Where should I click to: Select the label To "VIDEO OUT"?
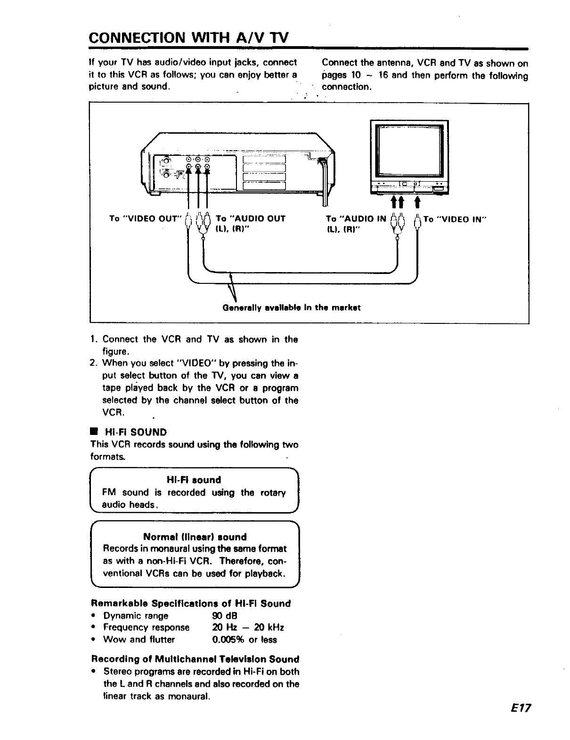(x=145, y=218)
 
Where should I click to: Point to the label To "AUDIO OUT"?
(x=250, y=218)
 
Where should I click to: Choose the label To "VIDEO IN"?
(x=455, y=219)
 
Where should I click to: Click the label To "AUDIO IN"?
(x=356, y=218)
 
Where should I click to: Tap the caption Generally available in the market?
(x=292, y=308)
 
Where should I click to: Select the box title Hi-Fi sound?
(x=194, y=480)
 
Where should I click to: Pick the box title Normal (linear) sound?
(x=195, y=537)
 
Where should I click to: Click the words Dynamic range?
(x=136, y=616)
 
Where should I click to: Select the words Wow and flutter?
(x=138, y=640)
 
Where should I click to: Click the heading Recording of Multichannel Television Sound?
(x=195, y=659)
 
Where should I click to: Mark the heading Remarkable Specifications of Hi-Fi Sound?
(x=191, y=603)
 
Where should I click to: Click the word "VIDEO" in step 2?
(x=197, y=363)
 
